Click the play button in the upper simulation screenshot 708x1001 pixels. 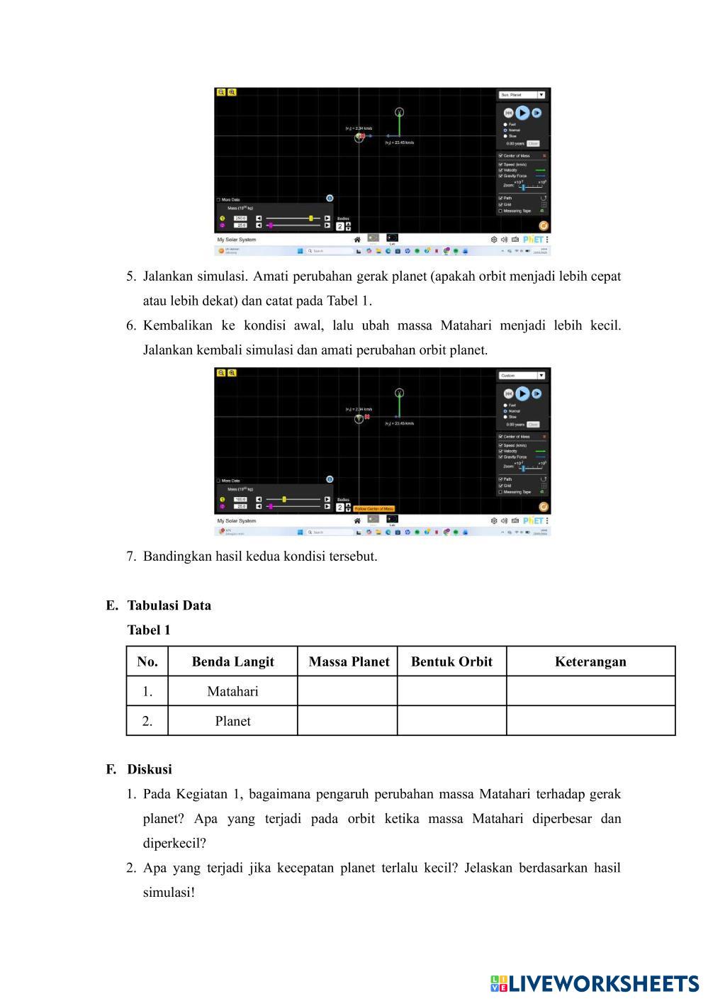coord(522,112)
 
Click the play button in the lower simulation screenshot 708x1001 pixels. coord(522,393)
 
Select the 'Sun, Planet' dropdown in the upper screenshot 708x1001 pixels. coord(522,94)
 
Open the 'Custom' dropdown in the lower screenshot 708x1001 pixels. coord(522,375)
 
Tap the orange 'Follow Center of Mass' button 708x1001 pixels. coord(373,509)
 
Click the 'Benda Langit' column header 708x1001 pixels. coord(232,661)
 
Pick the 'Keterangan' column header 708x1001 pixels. coord(590,661)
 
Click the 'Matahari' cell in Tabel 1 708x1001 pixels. coord(232,691)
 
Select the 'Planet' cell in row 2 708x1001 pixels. coord(232,721)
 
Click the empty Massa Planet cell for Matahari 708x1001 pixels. coord(347,691)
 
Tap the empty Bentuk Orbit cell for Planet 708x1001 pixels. coord(451,721)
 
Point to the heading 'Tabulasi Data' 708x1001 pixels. coord(169,605)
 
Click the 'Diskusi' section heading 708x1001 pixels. coord(150,769)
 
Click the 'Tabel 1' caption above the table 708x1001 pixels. coord(149,630)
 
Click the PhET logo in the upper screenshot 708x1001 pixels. coord(533,240)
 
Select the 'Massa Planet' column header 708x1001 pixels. coord(349,661)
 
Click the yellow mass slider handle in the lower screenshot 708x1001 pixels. coord(284,499)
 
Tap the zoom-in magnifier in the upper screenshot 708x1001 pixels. coord(232,92)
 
